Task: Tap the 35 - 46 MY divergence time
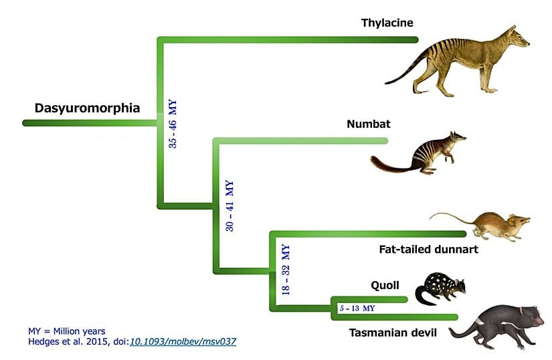point(172,123)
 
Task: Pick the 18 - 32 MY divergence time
point(285,270)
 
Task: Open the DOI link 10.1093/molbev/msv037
point(183,341)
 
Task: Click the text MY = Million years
point(67,331)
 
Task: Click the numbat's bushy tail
point(388,163)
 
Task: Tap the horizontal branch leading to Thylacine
point(288,41)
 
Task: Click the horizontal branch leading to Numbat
point(301,141)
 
